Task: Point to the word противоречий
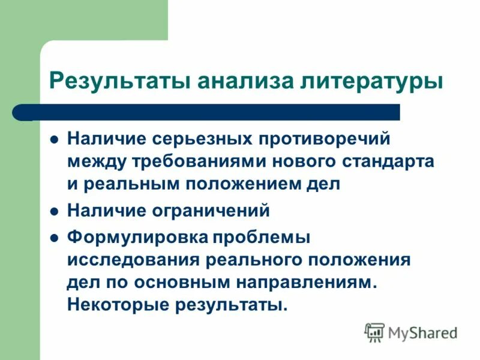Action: tap(323, 139)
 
